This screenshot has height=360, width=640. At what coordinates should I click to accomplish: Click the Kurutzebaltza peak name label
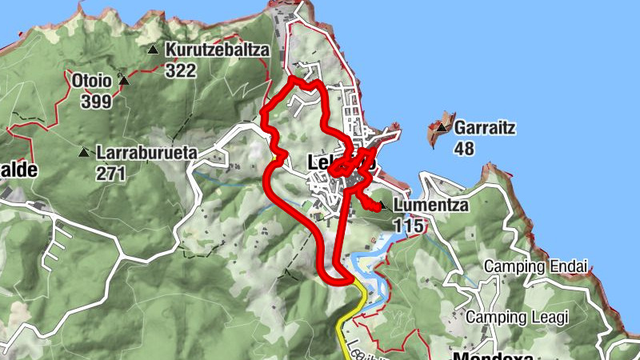click(x=218, y=50)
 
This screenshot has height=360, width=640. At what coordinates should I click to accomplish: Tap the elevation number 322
click(x=181, y=70)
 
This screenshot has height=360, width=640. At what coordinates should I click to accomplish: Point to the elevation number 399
click(x=95, y=101)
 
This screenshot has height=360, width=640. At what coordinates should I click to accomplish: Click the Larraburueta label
click(x=146, y=151)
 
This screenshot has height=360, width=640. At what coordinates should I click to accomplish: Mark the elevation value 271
click(x=110, y=172)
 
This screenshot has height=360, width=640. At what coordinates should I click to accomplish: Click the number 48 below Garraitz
click(x=465, y=148)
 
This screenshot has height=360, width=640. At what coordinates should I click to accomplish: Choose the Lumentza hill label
click(x=430, y=206)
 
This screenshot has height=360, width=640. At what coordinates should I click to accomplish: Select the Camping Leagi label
click(x=516, y=317)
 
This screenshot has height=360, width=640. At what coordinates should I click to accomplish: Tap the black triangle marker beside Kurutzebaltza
click(x=153, y=50)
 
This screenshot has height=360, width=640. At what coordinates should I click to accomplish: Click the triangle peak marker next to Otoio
click(x=123, y=80)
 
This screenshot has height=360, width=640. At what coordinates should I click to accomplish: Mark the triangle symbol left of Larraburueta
click(x=83, y=152)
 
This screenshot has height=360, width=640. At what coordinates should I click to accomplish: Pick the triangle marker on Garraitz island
click(x=441, y=126)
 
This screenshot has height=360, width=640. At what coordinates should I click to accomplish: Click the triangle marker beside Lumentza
click(x=383, y=206)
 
